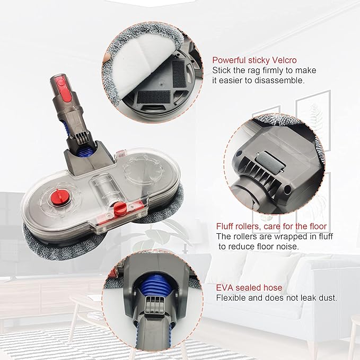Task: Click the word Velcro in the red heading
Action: tap(284, 60)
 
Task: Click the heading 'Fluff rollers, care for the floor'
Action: tap(271, 226)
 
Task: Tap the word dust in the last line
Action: tap(328, 298)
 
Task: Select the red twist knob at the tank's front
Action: tap(120, 207)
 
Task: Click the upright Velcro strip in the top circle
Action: tap(179, 74)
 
